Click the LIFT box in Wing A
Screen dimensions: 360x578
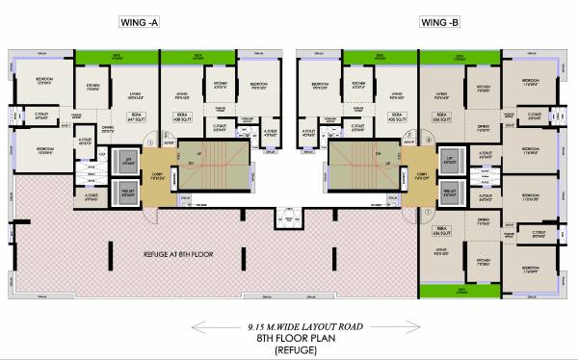coord(123,160)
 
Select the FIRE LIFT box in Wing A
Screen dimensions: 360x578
coord(123,190)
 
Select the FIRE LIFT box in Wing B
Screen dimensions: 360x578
coord(448,192)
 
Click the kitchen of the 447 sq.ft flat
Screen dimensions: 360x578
coord(94,88)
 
